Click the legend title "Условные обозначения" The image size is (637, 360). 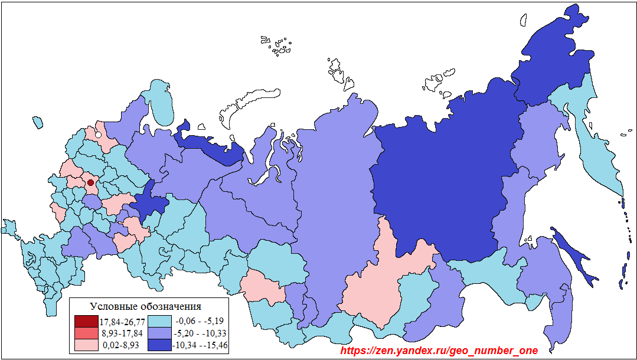pos(145,306)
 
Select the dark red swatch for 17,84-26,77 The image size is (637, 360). pos(86,322)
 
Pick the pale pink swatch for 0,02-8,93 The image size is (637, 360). pos(86,345)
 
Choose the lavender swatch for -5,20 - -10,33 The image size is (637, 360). pos(159,333)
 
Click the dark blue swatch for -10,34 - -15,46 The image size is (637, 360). pos(159,345)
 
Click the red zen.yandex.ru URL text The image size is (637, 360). pos(439,351)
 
